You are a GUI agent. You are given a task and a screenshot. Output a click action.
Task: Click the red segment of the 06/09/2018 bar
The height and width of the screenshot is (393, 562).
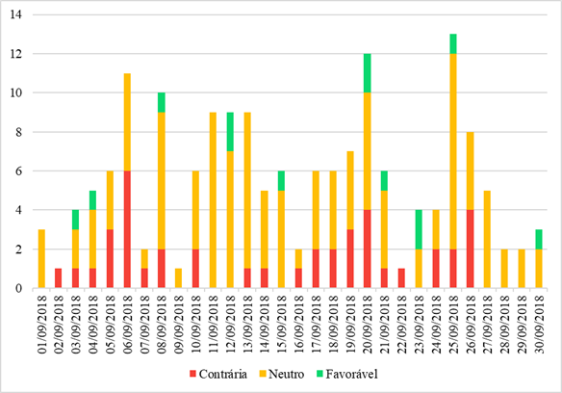click(x=127, y=229)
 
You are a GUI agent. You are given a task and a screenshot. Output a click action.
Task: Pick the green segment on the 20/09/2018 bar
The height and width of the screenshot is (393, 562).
click(x=367, y=73)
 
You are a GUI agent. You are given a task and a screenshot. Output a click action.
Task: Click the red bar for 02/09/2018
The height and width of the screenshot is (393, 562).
click(x=58, y=277)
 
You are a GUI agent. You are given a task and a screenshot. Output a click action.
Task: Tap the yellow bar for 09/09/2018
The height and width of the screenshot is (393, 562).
click(x=179, y=277)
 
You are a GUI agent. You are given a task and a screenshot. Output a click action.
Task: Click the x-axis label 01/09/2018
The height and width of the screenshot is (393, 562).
click(x=40, y=324)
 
